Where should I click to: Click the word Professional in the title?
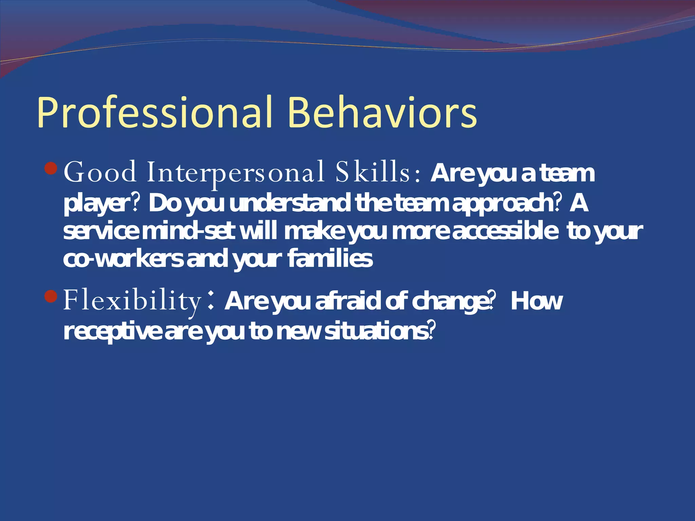pyautogui.click(x=154, y=113)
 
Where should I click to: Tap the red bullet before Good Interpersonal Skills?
pyautogui.click(x=51, y=168)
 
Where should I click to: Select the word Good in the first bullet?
pyautogui.click(x=100, y=172)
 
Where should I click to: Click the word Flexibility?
pyautogui.click(x=132, y=301)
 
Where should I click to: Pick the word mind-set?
pyautogui.click(x=188, y=231)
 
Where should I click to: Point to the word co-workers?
pyautogui.click(x=123, y=259)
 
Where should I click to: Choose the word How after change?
pyautogui.click(x=536, y=301)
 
